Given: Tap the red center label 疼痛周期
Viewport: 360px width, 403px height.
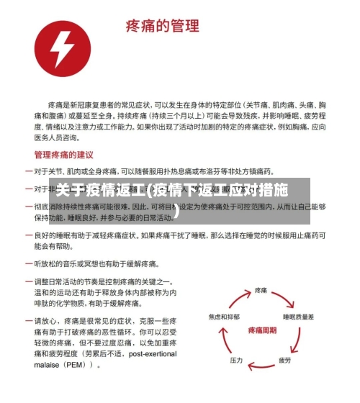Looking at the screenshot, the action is [262, 329].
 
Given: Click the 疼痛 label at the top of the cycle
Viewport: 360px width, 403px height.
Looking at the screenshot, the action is [262, 290].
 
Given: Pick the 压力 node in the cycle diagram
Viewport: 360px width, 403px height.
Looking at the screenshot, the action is [236, 359].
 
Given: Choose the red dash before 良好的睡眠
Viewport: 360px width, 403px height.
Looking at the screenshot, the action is [28, 235].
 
